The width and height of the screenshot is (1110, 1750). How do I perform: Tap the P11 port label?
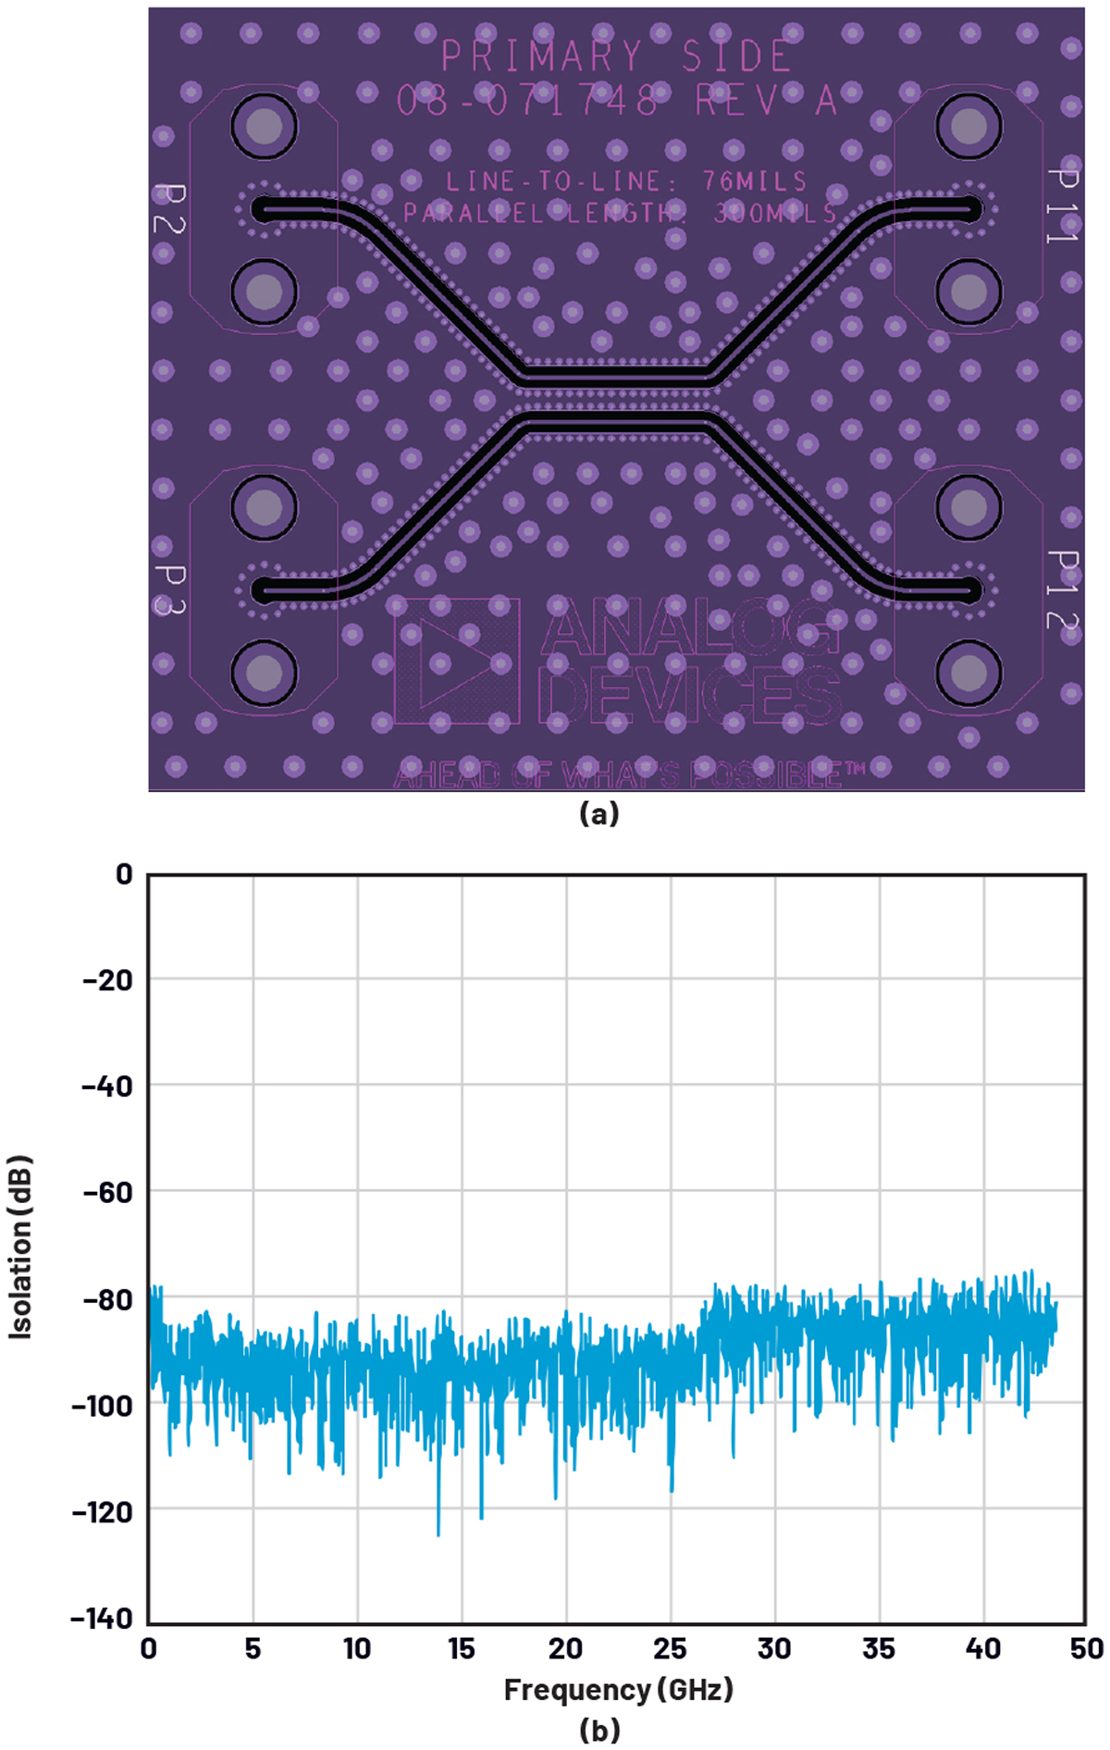(x=1062, y=205)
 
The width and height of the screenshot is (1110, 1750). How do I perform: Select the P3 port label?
(x=169, y=590)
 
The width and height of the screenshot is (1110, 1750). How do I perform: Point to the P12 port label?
(x=1062, y=590)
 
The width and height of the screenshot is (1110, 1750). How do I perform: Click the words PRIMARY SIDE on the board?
(x=616, y=57)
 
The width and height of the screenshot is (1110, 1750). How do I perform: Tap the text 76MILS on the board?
(x=755, y=181)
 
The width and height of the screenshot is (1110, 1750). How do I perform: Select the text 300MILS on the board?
(x=775, y=214)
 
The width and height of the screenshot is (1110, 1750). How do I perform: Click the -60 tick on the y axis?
(x=107, y=1192)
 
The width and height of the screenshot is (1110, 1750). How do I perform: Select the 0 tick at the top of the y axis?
(x=124, y=875)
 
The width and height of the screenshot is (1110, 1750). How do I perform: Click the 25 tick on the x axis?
(x=671, y=1648)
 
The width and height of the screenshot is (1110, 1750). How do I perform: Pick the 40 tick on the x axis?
(x=983, y=1648)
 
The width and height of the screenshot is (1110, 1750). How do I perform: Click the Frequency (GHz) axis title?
(x=618, y=1690)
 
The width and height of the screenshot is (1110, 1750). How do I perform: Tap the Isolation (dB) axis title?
(x=20, y=1246)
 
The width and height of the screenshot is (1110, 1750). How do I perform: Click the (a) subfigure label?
(x=598, y=813)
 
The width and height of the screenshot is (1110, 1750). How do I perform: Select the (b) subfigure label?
(x=598, y=1730)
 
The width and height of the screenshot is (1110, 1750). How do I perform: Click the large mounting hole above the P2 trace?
(x=265, y=126)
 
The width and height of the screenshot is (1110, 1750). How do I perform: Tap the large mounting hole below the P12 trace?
(x=968, y=673)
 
